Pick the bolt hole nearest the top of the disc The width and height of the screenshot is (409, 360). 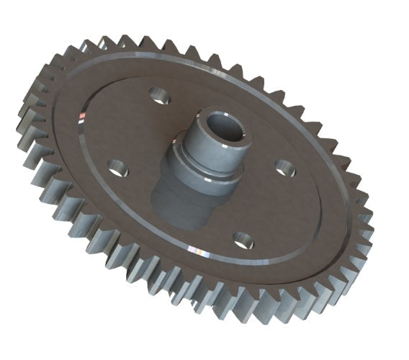click(158, 94)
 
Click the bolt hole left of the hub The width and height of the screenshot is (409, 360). click(118, 168)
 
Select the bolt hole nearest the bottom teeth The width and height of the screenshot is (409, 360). click(241, 238)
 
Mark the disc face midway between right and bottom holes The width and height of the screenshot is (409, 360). click(266, 205)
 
